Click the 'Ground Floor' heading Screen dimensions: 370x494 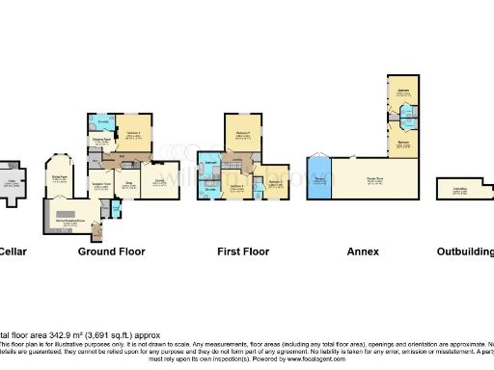coord(111,251)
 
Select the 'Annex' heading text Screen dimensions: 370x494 coord(363,251)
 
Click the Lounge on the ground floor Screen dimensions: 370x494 coord(160,180)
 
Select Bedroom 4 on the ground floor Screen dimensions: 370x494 coord(132,134)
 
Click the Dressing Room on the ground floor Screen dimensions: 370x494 coord(100,141)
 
